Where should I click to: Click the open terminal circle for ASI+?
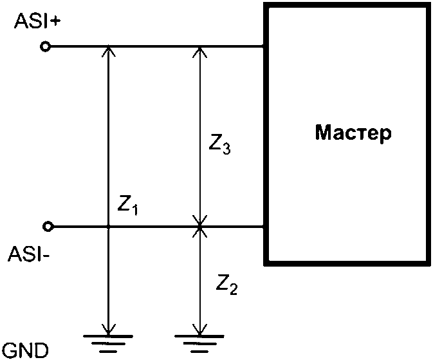pos(45,46)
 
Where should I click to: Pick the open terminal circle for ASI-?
pos(46,226)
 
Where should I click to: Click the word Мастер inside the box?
pos(353,134)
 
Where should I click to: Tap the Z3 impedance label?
pos(220,147)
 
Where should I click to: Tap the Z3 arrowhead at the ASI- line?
pos(199,221)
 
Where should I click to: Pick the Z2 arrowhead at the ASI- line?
pos(199,232)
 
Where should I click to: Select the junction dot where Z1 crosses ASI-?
pos(109,227)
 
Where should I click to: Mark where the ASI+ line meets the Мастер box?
pos(264,46)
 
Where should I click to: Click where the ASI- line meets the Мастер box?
pos(264,227)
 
